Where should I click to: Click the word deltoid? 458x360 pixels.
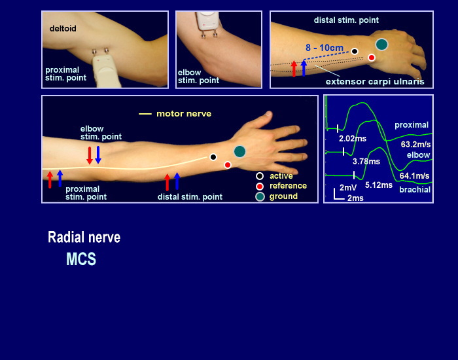[x=63, y=29]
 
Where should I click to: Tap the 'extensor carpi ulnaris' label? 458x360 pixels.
[x=376, y=82]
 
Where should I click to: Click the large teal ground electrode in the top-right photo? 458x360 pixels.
[x=381, y=45]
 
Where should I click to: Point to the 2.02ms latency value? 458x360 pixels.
[x=352, y=139]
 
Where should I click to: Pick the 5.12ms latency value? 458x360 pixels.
[x=378, y=185]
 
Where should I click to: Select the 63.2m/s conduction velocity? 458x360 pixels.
[x=414, y=144]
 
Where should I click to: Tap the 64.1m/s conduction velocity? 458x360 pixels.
[x=414, y=175]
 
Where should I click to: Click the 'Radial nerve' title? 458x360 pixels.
[x=84, y=238]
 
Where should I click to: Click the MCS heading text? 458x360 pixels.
[x=81, y=260]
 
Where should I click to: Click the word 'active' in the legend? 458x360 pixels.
[x=281, y=176]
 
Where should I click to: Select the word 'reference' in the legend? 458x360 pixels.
[x=288, y=186]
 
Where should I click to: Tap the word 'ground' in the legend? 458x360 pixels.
[x=283, y=196]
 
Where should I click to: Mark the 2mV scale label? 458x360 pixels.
[x=348, y=187]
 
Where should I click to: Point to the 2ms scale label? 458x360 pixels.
[x=355, y=198]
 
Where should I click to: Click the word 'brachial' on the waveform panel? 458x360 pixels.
[x=415, y=190]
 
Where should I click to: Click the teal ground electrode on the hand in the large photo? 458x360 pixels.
[x=239, y=151]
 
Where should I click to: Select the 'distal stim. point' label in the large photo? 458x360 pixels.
[x=190, y=197]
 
